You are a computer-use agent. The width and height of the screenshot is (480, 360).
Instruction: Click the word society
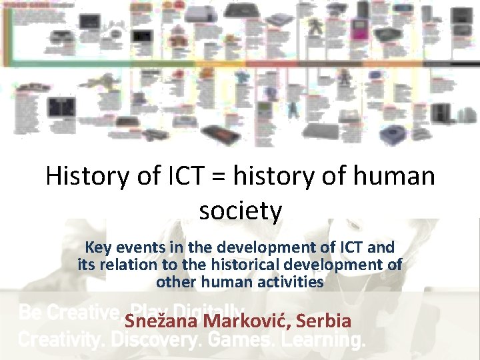coord(240,211)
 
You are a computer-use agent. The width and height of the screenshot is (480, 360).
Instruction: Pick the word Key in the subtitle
coord(98,247)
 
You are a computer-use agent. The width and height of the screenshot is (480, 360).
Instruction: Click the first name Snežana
coord(162,321)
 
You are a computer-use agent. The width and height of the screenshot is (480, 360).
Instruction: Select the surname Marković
coord(247,321)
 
